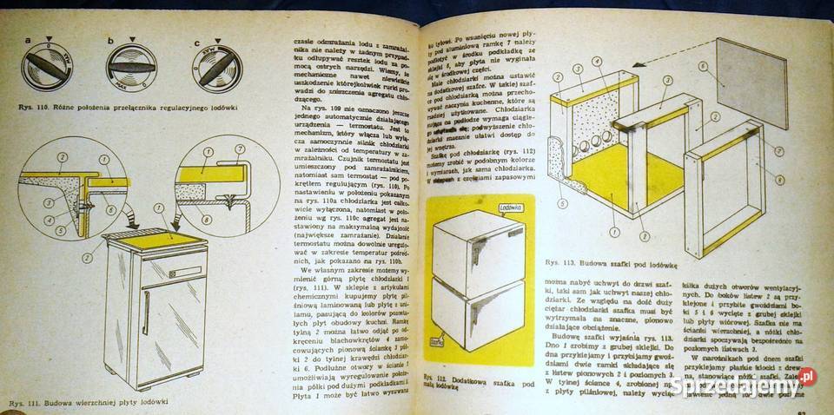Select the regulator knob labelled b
[132, 66]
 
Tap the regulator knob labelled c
[216, 69]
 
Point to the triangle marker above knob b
[132, 39]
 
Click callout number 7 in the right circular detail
[240, 150]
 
